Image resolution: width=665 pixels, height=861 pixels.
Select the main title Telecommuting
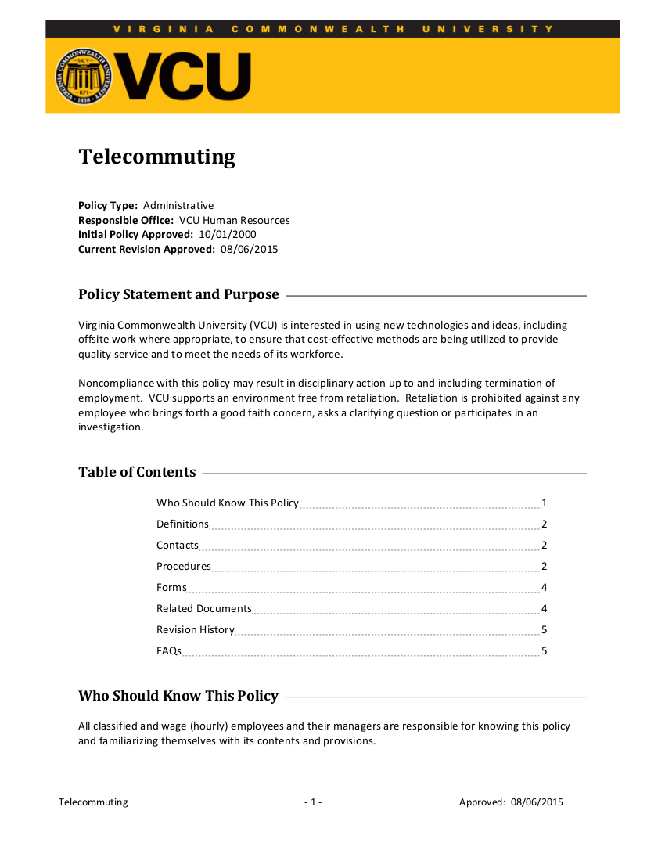click(156, 157)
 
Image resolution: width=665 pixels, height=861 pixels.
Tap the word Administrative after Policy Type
click(178, 205)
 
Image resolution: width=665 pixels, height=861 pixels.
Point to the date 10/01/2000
click(227, 234)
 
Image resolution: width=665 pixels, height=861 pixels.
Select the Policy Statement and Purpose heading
click(178, 294)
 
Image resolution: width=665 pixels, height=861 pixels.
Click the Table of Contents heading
click(137, 472)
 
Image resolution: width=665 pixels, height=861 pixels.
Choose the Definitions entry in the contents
click(182, 524)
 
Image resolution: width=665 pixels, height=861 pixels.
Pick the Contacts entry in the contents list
click(178, 545)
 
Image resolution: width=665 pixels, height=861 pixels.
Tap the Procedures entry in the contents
click(184, 566)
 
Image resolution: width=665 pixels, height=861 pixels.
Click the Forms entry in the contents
click(171, 587)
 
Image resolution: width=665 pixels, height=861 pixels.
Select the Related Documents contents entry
click(204, 608)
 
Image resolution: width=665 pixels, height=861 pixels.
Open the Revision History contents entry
click(195, 629)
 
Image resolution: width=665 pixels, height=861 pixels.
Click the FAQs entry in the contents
click(169, 650)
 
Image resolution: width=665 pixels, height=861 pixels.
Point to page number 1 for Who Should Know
click(544, 503)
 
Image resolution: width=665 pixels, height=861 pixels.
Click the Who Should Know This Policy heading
click(178, 696)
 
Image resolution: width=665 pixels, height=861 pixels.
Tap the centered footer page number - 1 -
click(313, 802)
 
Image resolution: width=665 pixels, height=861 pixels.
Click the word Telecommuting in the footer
click(93, 802)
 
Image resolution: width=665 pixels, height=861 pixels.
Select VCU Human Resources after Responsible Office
click(234, 220)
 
